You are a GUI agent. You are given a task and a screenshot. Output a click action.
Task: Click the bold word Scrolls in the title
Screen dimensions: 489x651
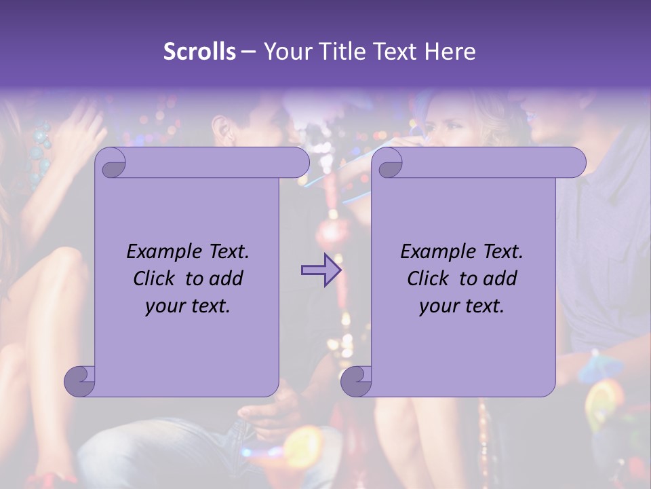coord(199,52)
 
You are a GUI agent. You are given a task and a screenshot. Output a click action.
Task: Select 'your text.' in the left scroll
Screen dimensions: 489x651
coord(188,306)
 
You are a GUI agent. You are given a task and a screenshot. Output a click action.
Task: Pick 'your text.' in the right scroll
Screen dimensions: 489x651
coord(462,306)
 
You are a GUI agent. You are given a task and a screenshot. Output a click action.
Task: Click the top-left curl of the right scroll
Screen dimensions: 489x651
coord(389,163)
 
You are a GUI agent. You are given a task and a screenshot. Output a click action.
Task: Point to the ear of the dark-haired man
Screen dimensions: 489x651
coord(220,128)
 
